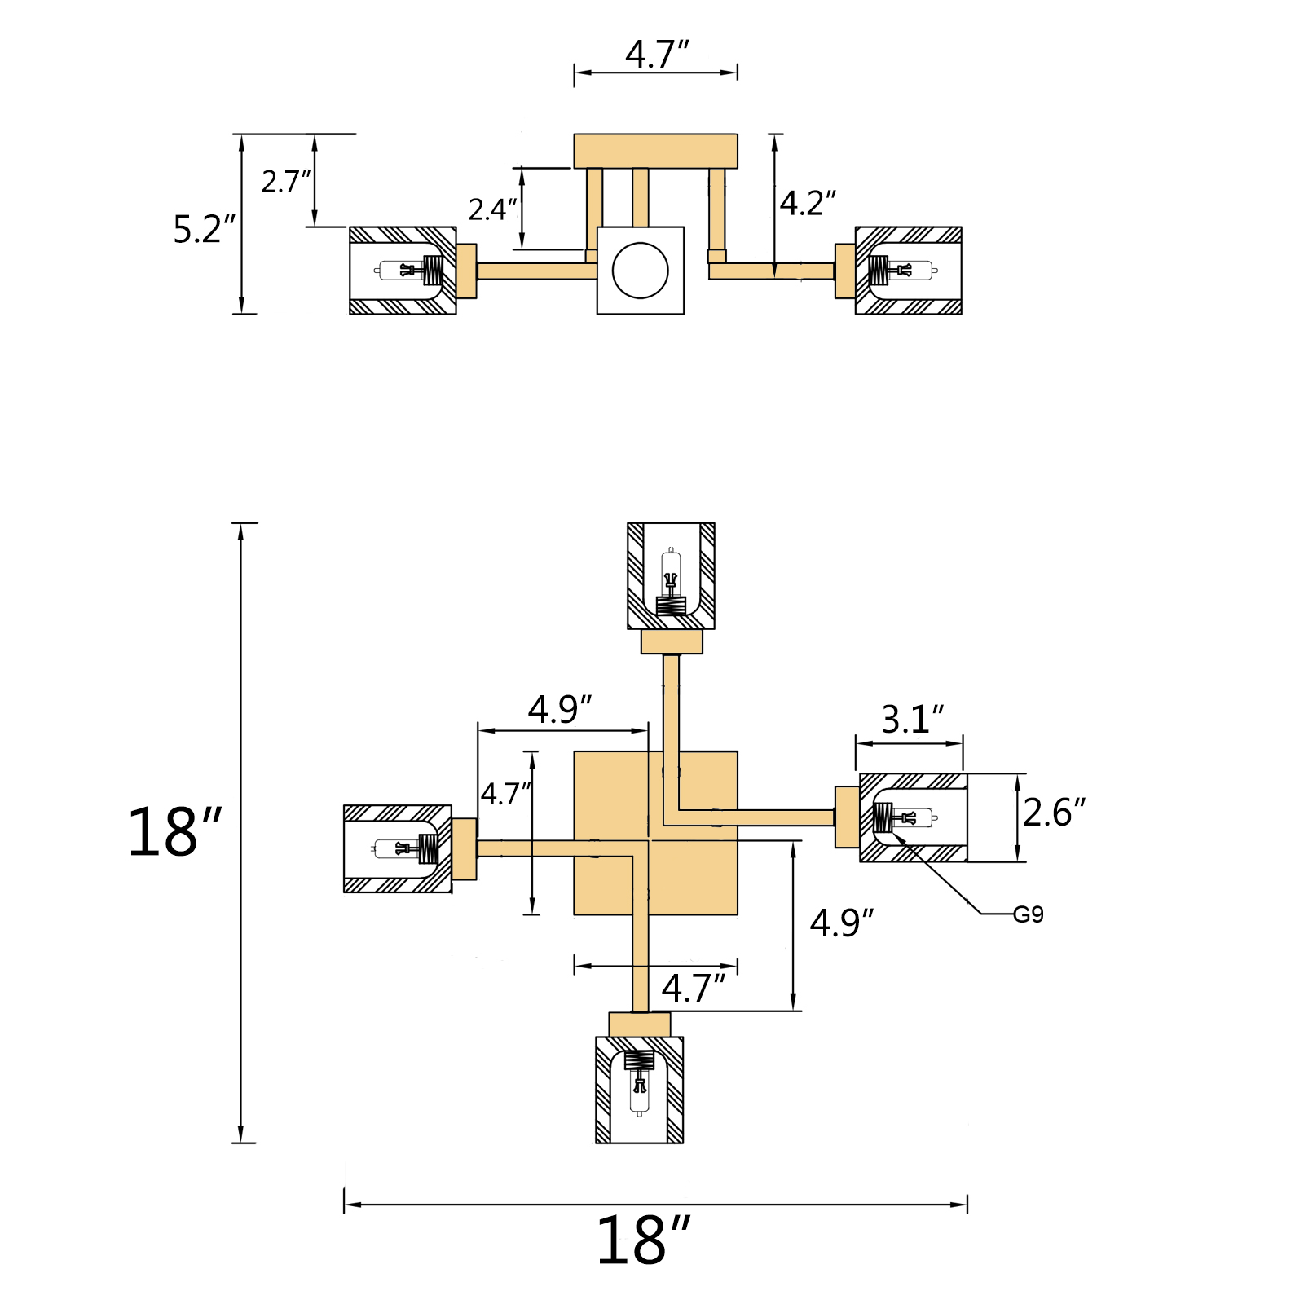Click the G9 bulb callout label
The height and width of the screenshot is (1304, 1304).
(x=1028, y=914)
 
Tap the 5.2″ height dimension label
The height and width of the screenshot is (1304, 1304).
(x=205, y=229)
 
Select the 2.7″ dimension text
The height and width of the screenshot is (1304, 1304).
(x=286, y=181)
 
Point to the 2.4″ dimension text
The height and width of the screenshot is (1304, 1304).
(x=493, y=209)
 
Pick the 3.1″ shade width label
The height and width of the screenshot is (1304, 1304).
(x=913, y=719)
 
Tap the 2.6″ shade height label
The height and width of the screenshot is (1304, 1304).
(x=1055, y=813)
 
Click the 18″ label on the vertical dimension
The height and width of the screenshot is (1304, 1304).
(x=174, y=832)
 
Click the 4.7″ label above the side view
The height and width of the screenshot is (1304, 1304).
(x=658, y=54)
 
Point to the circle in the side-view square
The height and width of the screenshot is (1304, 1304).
(x=641, y=271)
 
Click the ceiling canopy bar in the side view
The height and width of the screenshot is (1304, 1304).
(x=656, y=151)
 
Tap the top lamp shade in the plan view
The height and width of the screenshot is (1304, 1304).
(x=671, y=576)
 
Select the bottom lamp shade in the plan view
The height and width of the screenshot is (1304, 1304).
(x=640, y=1090)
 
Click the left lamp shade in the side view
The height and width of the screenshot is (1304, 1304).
(x=403, y=271)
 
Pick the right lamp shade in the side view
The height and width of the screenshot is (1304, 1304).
(x=909, y=271)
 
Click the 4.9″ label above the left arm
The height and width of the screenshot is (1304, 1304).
(x=560, y=709)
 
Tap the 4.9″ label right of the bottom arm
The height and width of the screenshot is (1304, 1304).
(x=842, y=923)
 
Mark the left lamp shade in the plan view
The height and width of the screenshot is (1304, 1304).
(x=398, y=848)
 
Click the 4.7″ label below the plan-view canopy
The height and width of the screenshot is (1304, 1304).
(x=694, y=989)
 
